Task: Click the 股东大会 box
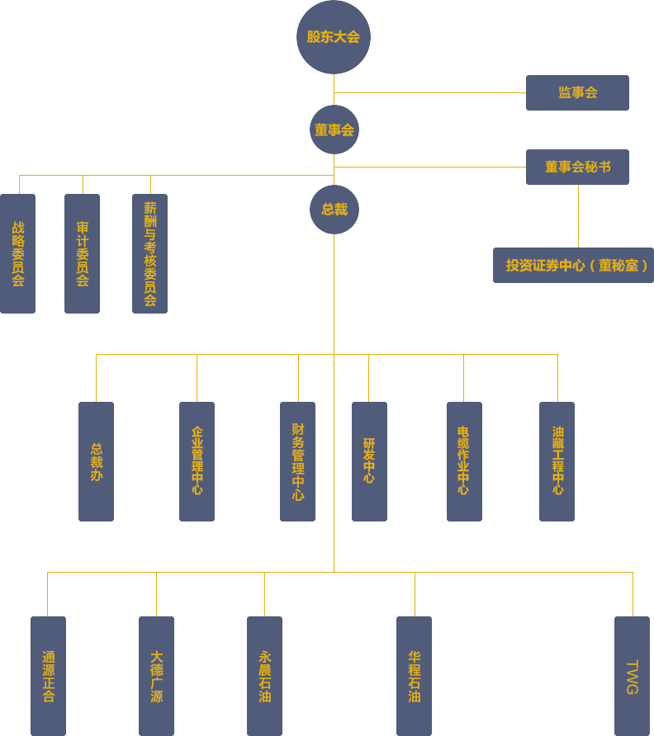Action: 333,37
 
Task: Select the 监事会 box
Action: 577,92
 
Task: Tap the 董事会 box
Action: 334,130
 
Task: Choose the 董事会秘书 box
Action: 577,167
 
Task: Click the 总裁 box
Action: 334,210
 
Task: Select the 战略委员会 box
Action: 18,253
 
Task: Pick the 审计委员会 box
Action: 82,253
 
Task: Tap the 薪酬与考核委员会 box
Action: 149,253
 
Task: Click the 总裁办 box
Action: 96,461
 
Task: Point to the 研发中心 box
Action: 369,460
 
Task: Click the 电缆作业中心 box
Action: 464,460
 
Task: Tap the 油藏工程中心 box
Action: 557,460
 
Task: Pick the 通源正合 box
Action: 48,676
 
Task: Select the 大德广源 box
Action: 156,676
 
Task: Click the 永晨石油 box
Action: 264,676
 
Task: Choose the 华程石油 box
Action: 414,676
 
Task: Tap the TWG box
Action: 632,676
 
